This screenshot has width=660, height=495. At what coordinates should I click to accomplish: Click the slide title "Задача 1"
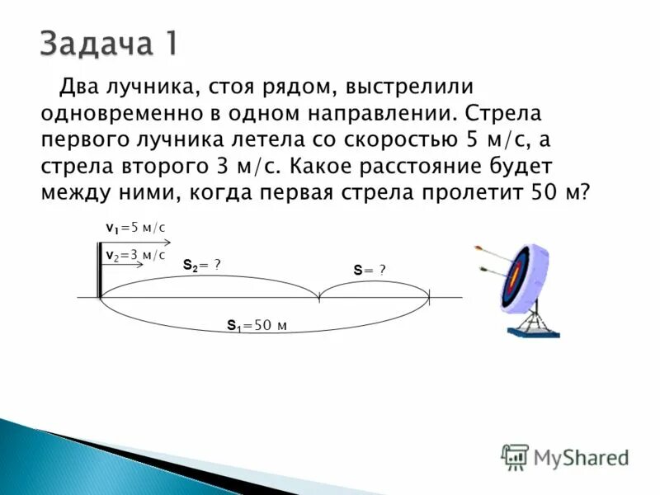(x=108, y=43)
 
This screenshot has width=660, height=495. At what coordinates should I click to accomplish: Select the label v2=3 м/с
(x=135, y=256)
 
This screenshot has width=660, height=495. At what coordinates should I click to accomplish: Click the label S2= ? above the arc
(x=201, y=265)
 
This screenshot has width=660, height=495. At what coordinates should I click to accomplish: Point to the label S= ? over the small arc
(x=370, y=270)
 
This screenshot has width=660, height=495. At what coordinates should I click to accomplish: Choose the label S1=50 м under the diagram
(x=257, y=326)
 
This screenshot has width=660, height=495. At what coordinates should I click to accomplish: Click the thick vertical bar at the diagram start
(x=100, y=271)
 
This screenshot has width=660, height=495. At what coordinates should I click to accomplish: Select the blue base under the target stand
(x=533, y=332)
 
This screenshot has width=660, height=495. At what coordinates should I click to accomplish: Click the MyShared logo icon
(x=515, y=456)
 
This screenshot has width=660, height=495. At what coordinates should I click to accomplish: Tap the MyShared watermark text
(x=581, y=457)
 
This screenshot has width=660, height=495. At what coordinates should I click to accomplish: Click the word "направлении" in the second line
(x=384, y=112)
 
